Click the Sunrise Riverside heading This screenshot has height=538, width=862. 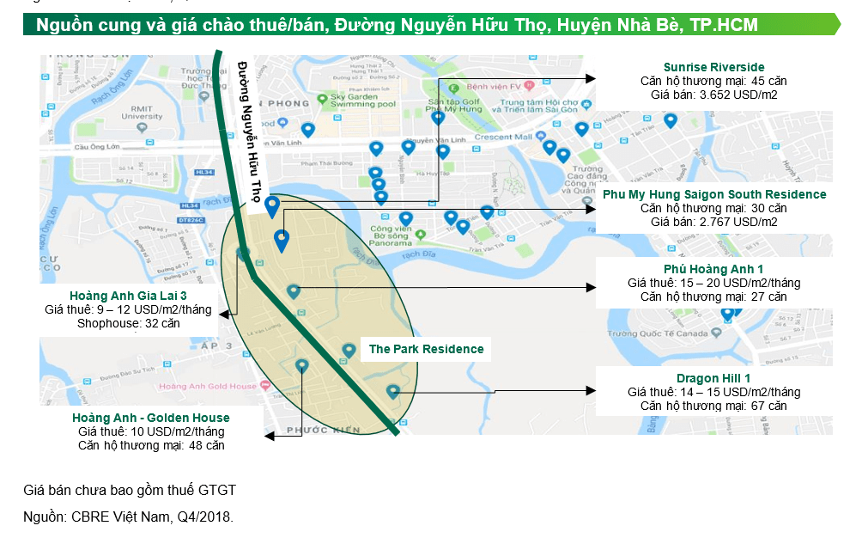[713, 67]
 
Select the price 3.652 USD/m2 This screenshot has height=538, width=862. [713, 94]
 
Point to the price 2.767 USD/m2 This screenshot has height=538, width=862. [713, 222]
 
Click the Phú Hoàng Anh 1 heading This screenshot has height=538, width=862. [713, 270]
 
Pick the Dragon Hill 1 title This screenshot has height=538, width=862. [713, 378]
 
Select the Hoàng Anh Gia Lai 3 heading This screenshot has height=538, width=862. [128, 296]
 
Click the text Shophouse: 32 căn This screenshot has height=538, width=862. [128, 323]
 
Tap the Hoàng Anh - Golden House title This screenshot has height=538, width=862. [151, 419]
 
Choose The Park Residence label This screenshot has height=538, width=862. [426, 349]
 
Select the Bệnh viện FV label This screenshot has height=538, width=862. [492, 85]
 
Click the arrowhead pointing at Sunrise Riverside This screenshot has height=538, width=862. [591, 78]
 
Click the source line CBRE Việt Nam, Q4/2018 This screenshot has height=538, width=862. [128, 517]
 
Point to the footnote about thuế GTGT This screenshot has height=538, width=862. [129, 490]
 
